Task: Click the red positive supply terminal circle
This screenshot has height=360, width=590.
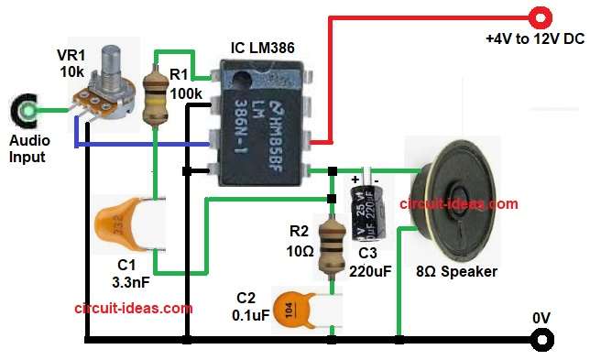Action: pos(541,16)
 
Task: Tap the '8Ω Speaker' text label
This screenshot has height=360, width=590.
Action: pos(458,272)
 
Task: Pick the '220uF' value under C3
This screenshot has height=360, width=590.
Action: pos(371,271)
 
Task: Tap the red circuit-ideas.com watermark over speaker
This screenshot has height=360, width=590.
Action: pos(458,203)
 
